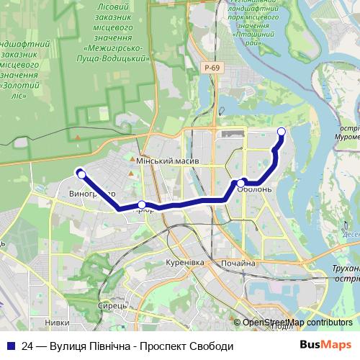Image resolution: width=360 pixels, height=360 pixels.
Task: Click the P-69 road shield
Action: tap(211, 68)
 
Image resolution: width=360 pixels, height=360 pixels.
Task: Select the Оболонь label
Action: tap(256, 189)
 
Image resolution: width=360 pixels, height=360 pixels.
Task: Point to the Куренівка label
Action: tap(184, 263)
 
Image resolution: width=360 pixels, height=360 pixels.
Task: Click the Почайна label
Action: tap(238, 264)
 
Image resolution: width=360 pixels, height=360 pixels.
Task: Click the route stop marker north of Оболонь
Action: tap(282, 131)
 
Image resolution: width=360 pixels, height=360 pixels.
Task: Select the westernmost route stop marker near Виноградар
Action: tap(81, 174)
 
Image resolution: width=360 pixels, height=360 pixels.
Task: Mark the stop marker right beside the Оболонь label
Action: tap(241, 184)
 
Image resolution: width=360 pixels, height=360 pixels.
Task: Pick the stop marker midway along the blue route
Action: tap(142, 204)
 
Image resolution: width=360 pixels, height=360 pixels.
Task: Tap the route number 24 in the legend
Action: tap(28, 346)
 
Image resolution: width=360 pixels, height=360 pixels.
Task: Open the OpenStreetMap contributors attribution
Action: tap(297, 323)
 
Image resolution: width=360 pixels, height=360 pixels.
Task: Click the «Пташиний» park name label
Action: tap(253, 33)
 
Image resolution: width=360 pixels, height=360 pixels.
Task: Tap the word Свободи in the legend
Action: tap(213, 346)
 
